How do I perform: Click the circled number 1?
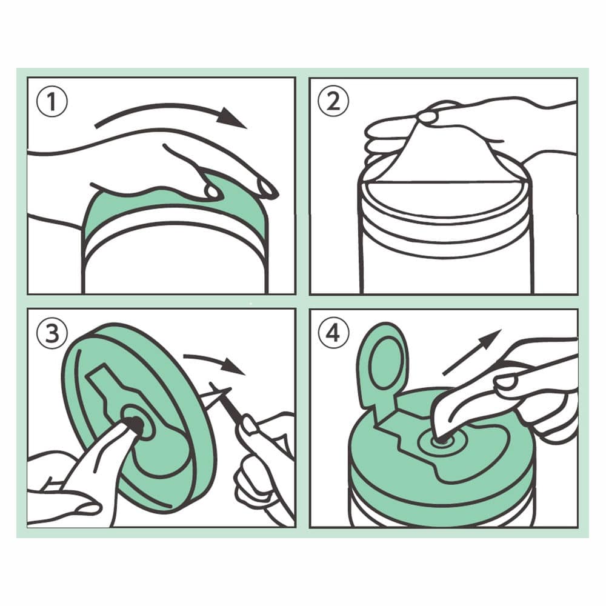[52, 101]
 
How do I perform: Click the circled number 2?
[333, 101]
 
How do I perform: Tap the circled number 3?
[52, 333]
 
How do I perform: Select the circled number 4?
[333, 333]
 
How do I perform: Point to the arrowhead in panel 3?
[234, 365]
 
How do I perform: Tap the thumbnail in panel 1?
[211, 191]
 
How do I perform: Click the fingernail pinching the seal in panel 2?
[427, 117]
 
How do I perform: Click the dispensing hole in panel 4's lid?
[442, 440]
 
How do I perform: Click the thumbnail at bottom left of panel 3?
[87, 508]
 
